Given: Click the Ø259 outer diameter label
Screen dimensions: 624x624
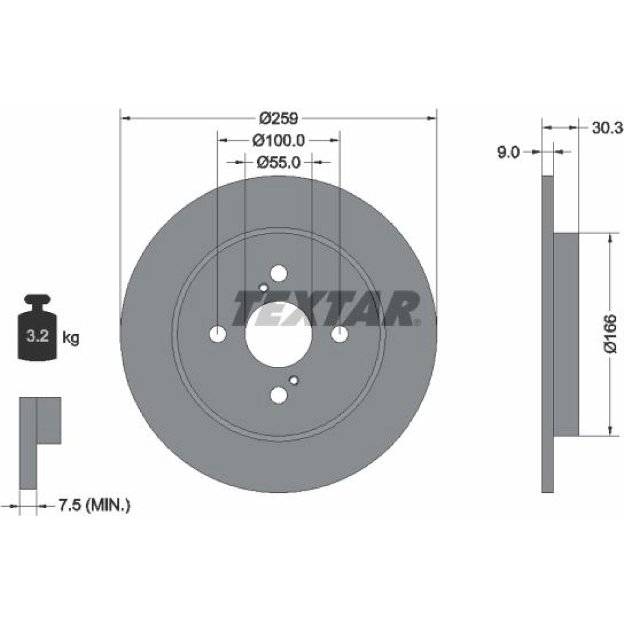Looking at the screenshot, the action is pos(278,118).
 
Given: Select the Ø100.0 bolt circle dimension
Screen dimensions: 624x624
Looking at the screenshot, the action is pos(278,140).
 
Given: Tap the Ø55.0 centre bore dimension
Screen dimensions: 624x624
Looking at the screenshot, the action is pos(278,162).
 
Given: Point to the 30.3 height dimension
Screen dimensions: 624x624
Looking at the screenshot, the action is pos(606,128).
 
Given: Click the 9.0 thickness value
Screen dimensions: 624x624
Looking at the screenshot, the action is pos(509,152).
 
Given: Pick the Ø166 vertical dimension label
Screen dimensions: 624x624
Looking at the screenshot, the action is pos(610,333).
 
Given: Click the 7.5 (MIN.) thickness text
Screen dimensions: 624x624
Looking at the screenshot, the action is pos(94,505).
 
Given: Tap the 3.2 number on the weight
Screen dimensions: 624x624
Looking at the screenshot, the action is pos(37,336).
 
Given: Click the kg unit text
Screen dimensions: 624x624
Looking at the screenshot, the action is pos(71,338).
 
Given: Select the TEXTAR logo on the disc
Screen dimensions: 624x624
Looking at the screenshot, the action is pos(326,308).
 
